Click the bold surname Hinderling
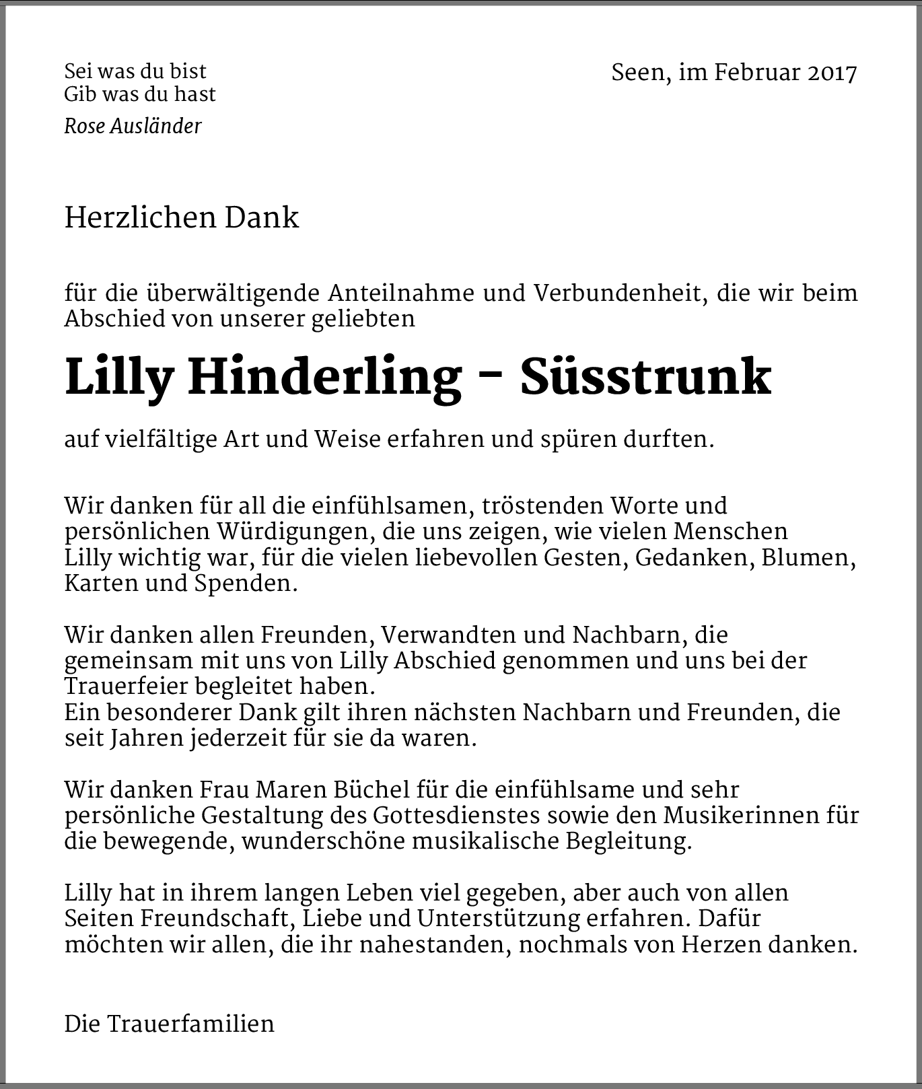[324, 378]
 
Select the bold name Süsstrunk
[645, 378]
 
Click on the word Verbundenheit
[619, 294]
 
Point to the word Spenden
[245, 584]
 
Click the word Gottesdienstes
[456, 816]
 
